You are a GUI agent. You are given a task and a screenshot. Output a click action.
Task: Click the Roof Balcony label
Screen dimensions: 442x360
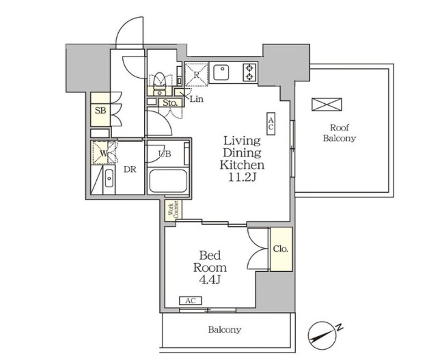[339, 133]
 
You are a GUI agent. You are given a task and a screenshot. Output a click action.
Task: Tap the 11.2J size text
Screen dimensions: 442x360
[242, 178]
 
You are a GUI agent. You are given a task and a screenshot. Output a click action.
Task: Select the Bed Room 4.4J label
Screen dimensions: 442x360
[210, 268]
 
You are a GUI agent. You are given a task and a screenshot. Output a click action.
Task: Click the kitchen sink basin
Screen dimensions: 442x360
[221, 72]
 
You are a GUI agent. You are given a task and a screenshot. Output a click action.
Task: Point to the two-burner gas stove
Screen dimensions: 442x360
[249, 72]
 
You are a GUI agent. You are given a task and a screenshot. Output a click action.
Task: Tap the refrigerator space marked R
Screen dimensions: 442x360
[197, 74]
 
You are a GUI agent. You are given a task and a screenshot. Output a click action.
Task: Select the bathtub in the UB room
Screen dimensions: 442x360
[168, 181]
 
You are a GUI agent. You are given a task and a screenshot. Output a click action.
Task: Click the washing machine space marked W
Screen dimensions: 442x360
[100, 153]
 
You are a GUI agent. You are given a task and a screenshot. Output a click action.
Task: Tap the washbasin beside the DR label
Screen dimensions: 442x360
[109, 178]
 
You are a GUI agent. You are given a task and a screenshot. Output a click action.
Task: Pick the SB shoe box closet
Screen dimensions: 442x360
[100, 110]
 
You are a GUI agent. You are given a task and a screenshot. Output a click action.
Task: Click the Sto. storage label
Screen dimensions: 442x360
[170, 102]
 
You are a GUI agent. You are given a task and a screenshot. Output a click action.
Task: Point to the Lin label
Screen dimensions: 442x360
[197, 99]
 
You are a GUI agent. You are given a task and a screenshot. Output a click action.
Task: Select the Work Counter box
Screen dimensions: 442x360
[174, 210]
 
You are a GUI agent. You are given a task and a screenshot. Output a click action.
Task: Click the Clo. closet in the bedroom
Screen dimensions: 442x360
[281, 249]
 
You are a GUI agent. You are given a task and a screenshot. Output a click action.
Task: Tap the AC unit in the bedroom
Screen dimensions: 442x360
[191, 301]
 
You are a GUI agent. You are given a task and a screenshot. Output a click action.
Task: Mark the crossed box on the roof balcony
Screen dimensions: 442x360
[327, 105]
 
